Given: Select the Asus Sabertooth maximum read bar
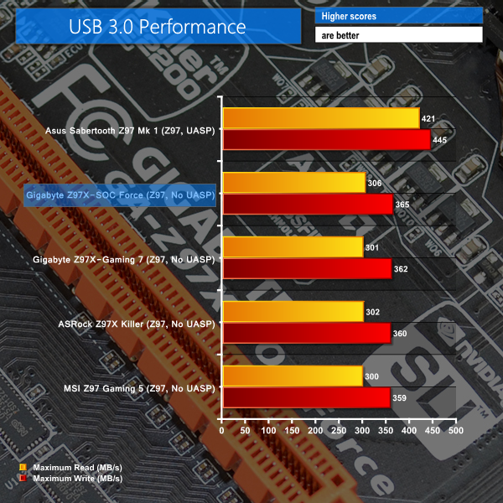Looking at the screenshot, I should coord(320,119).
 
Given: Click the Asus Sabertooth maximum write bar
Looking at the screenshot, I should coord(326,139).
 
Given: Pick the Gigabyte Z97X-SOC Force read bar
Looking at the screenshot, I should coord(293,184).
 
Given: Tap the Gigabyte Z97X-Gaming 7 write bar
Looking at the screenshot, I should coord(306,269).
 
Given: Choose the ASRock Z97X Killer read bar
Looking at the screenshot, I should coord(292,313).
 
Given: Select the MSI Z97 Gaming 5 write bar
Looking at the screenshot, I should coord(305,397).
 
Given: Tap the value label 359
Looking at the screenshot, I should coord(400,397).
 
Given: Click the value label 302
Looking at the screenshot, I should coord(373,313).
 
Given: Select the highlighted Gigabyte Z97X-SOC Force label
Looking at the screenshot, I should coord(121,195).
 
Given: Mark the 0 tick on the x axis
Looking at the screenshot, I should coord(222,430).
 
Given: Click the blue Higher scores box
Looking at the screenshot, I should coord(398,16).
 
